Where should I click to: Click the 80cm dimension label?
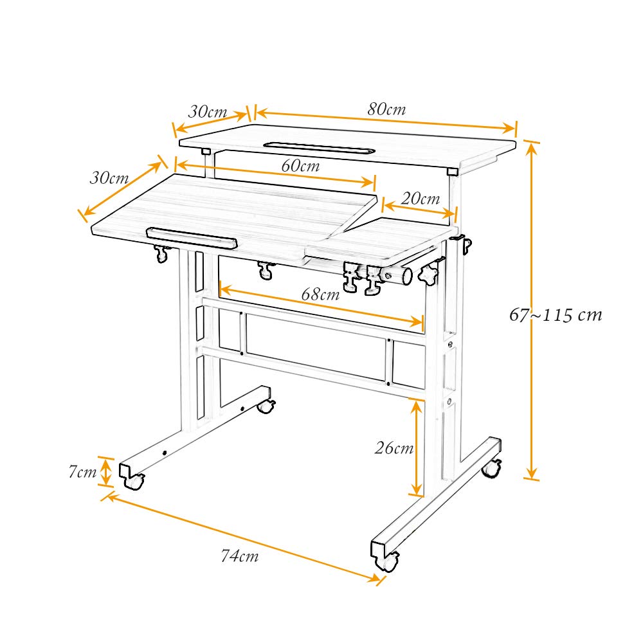(x=386, y=109)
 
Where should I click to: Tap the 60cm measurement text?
(x=300, y=165)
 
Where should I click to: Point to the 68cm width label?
(x=320, y=295)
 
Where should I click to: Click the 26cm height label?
(x=394, y=448)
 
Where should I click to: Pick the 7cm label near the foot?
(x=82, y=472)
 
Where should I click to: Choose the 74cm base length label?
(x=239, y=557)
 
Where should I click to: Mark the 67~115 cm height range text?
(x=556, y=315)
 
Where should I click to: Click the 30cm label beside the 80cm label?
(x=207, y=111)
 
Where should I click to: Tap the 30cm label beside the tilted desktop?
(x=109, y=178)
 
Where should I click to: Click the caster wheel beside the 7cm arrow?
(x=134, y=480)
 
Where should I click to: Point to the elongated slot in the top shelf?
(x=318, y=148)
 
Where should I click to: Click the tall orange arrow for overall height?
(x=531, y=311)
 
